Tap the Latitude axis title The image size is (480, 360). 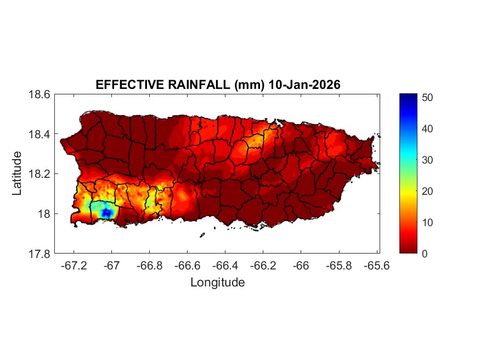coord(17,173)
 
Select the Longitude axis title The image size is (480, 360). coord(217,283)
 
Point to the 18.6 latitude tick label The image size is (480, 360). coord(39,94)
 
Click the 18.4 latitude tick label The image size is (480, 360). coord(39,134)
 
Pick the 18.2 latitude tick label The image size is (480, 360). coord(39,174)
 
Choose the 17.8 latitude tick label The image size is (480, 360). coord(39,254)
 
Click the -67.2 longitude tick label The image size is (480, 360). coord(74,266)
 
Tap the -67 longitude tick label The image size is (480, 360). coord(112,266)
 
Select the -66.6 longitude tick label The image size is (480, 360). coord(187,266)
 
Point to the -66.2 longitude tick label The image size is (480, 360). coord(262,266)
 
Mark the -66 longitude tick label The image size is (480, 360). coord(301,266)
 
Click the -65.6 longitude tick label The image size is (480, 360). coord(376,266)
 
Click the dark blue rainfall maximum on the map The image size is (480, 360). coord(108,212)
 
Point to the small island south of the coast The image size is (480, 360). coord(202,235)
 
